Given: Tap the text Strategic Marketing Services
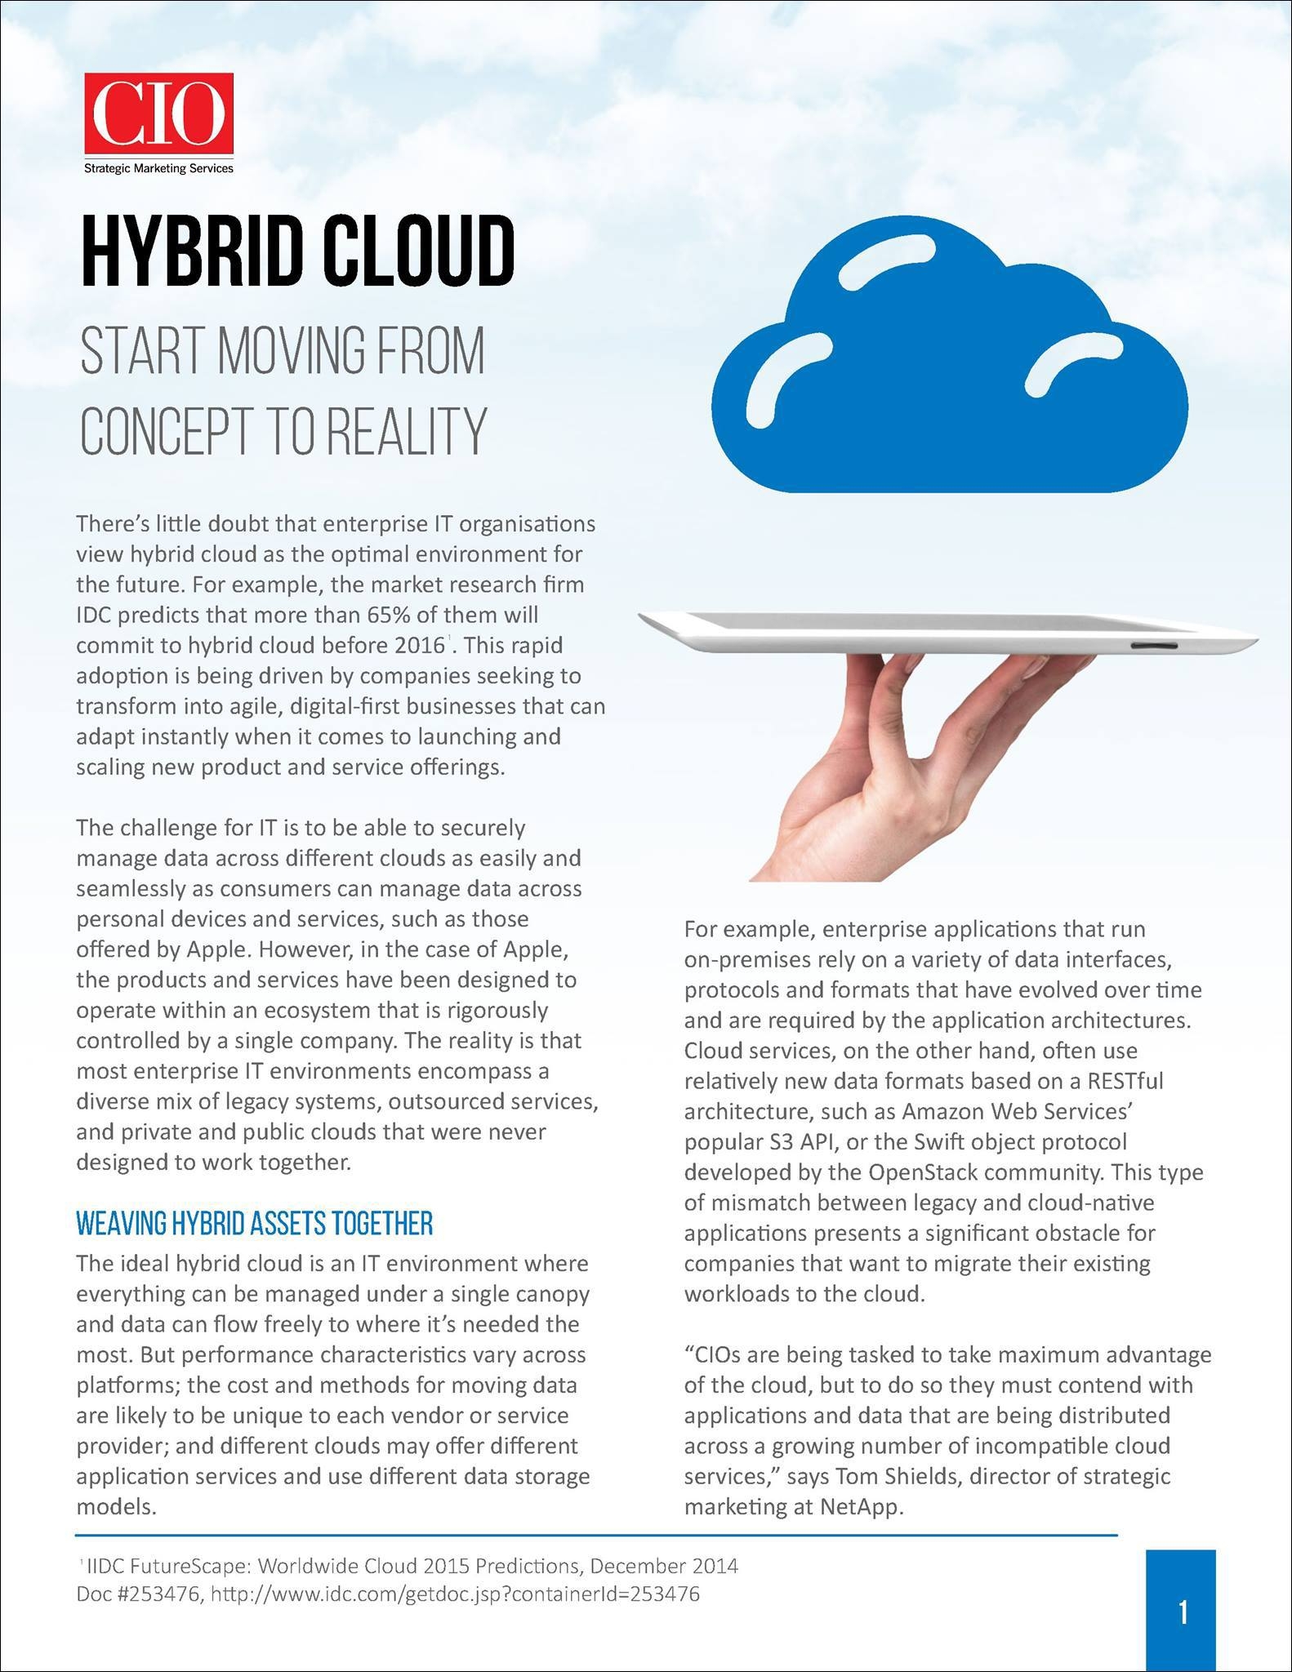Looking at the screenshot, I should [x=158, y=168].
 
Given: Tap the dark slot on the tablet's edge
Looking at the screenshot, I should [x=1154, y=646].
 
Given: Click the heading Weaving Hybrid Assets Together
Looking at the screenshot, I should [x=254, y=1225].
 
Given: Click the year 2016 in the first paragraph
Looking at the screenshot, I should [x=419, y=645].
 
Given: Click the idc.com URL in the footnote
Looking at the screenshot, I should [x=455, y=1594].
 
